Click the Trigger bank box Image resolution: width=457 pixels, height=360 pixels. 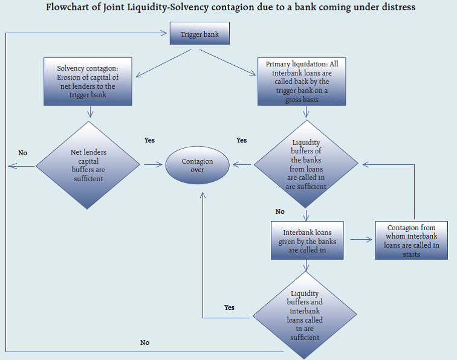(x=199, y=34)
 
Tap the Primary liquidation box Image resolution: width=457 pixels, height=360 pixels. (x=301, y=82)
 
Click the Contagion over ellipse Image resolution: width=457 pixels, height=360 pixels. (x=198, y=166)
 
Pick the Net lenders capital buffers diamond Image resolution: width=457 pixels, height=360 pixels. (x=88, y=165)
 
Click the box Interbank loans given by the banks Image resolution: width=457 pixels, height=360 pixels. (x=306, y=240)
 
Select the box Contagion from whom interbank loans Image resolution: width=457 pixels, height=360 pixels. (x=411, y=240)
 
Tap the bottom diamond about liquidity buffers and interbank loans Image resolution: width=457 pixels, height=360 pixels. (x=305, y=315)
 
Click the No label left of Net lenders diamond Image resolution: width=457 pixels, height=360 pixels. (x=22, y=153)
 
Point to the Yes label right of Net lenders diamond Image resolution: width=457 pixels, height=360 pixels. (x=149, y=140)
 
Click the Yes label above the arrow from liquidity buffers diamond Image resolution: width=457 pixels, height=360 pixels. (x=241, y=140)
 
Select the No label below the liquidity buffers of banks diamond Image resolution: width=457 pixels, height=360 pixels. (x=279, y=211)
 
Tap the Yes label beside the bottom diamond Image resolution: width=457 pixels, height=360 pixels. (x=229, y=307)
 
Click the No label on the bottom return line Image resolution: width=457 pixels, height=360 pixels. (x=144, y=342)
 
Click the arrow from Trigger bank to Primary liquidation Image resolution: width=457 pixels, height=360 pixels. (x=236, y=62)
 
